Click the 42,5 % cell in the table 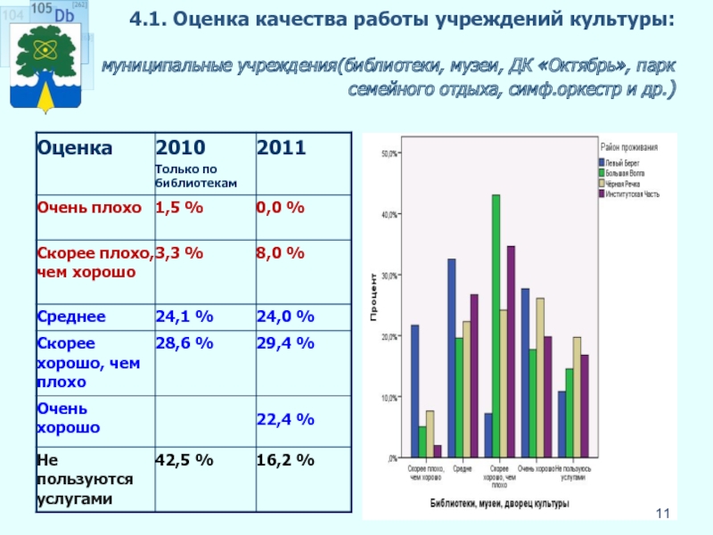[184, 461]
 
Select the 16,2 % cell [285, 461]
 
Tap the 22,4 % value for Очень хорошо [285, 419]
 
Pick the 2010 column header [180, 148]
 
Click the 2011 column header [281, 148]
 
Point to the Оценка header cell [74, 148]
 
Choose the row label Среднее [71, 317]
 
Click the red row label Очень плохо [89, 208]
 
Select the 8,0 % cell [281, 254]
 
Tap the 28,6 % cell [184, 343]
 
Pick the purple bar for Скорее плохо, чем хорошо [438, 451]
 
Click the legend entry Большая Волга [624, 173]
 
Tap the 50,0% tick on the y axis [389, 153]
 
